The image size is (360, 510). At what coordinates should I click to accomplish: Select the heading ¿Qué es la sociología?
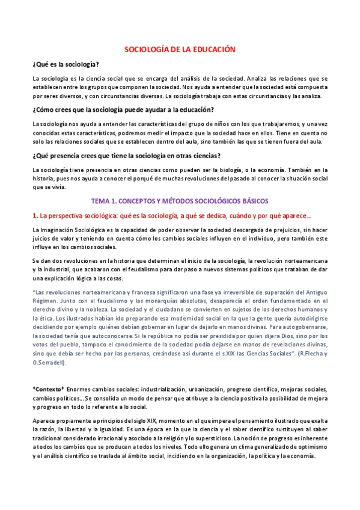pyautogui.click(x=66, y=64)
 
